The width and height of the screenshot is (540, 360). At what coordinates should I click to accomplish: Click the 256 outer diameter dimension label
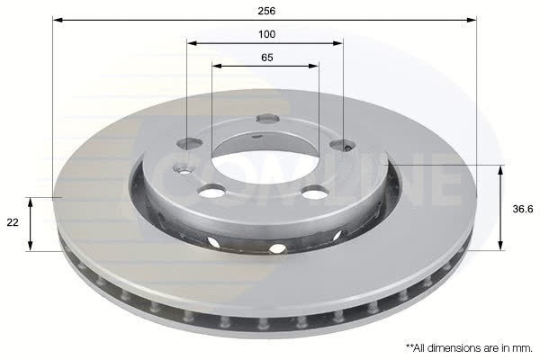click(x=267, y=11)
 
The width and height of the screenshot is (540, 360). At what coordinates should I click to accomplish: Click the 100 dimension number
click(x=267, y=34)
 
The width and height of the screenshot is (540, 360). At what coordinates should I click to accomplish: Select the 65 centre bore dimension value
click(x=267, y=58)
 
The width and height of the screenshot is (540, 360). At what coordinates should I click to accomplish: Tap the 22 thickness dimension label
click(x=13, y=222)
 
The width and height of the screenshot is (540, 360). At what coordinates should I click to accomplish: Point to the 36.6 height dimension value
click(x=523, y=209)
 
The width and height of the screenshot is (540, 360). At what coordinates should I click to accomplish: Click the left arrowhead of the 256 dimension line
click(x=58, y=20)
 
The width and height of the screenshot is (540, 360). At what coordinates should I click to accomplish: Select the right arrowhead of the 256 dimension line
click(x=472, y=20)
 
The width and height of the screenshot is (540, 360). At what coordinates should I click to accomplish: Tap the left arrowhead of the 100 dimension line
click(x=192, y=43)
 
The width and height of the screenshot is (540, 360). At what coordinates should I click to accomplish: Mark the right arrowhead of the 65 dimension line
click(x=314, y=66)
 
